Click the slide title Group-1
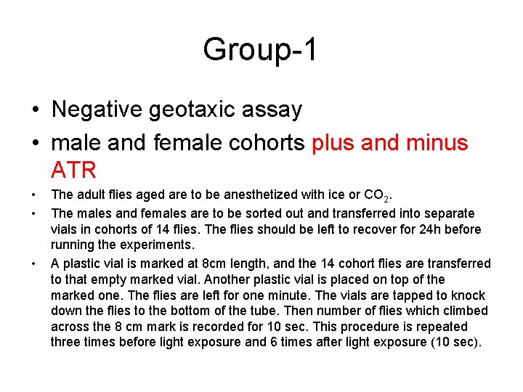pos(260,50)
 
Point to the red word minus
pos(437,142)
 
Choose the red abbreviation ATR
pos(73,170)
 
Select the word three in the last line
pos(67,343)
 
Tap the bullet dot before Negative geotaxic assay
pos(35,110)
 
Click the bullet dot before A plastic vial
pos(35,264)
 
